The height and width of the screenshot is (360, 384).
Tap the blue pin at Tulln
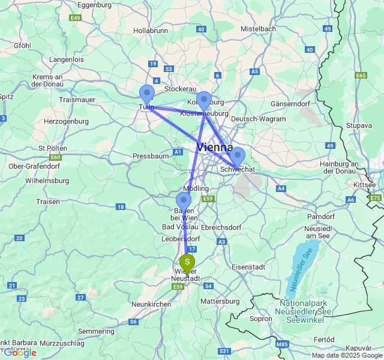coord(146,94)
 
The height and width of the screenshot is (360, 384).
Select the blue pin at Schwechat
coord(237,156)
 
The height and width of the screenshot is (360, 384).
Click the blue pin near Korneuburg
coord(204,100)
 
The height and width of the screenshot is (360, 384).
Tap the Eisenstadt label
coord(248,266)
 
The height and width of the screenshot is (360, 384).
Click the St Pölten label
coord(51,148)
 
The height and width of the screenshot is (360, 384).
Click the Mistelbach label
coord(258,29)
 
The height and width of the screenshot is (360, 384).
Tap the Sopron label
coord(260,319)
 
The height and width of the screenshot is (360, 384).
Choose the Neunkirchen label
coord(151,304)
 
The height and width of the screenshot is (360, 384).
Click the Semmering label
coord(95,331)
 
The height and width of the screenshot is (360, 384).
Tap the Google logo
coord(19,352)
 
